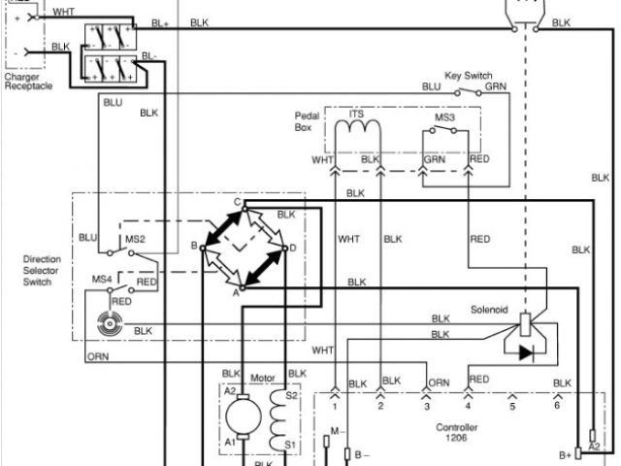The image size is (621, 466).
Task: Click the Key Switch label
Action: [x=469, y=75]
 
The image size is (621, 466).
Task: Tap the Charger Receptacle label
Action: [x=27, y=82]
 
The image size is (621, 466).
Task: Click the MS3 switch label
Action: [x=444, y=118]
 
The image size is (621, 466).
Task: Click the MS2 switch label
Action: [x=134, y=238]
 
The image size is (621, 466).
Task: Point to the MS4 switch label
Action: [x=101, y=281]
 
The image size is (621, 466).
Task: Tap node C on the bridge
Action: [x=238, y=199]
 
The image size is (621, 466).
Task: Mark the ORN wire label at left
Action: [x=97, y=356]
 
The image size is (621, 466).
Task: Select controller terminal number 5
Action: [x=513, y=407]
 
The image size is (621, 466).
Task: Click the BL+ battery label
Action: [x=160, y=21]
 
